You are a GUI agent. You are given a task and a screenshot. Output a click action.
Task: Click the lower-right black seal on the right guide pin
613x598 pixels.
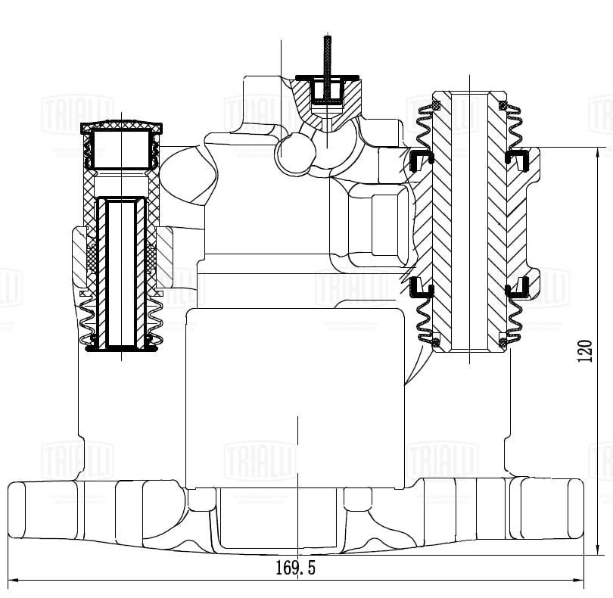[x=518, y=287]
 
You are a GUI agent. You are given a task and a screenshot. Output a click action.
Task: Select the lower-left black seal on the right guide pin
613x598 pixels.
[x=420, y=287]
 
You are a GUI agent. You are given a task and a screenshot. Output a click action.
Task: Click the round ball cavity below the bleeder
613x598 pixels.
[x=290, y=154]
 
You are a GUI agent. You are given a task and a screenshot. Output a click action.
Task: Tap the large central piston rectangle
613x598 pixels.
[x=295, y=394]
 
